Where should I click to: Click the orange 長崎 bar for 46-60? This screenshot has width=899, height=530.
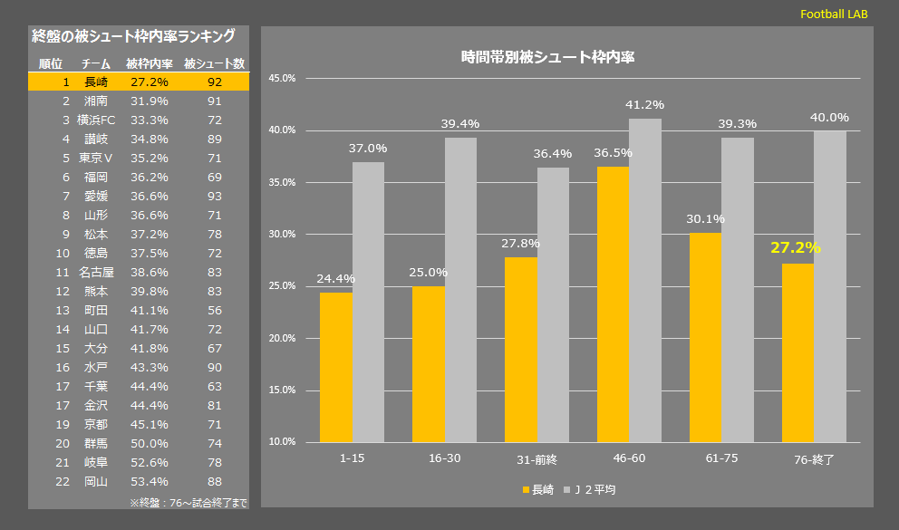click(613, 304)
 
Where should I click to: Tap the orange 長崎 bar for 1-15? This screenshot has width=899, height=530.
click(336, 367)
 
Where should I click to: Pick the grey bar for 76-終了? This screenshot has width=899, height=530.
click(829, 286)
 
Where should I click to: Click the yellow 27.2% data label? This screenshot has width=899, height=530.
click(795, 247)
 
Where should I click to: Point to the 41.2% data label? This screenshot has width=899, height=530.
click(644, 105)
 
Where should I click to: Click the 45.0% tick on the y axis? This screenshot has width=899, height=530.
click(283, 79)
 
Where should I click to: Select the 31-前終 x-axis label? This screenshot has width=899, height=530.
click(536, 458)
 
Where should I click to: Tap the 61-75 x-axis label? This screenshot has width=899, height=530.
click(721, 458)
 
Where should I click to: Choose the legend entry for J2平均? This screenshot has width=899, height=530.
click(594, 489)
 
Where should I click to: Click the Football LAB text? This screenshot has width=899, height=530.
click(834, 14)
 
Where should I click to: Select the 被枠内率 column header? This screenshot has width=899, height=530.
click(149, 64)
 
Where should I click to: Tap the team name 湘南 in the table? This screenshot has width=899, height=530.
click(95, 101)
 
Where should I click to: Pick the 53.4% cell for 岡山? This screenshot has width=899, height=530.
click(149, 481)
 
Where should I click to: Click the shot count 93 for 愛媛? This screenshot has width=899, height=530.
click(215, 196)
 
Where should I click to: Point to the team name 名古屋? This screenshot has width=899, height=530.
click(95, 272)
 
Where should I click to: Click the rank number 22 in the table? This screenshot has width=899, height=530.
click(63, 481)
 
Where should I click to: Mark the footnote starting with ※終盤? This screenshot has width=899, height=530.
click(188, 502)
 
